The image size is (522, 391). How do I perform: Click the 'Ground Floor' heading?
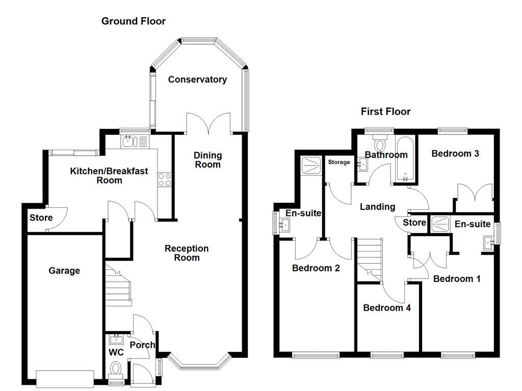tap(133, 21)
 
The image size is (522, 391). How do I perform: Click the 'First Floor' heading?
tap(385, 111)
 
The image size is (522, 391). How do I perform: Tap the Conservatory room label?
tap(197, 79)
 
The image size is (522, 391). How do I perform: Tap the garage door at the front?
tap(65, 377)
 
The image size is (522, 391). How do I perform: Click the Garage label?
tap(64, 271)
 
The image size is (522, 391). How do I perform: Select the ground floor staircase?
tap(118, 285)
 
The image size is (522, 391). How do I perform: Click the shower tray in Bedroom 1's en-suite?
tap(439, 224)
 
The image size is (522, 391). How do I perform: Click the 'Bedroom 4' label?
tap(387, 308)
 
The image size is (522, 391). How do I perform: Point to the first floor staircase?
tap(369, 260)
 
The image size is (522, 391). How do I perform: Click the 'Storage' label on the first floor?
tap(339, 162)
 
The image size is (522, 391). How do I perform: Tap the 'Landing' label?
tap(377, 207)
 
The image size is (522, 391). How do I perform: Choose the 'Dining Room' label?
tap(207, 160)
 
